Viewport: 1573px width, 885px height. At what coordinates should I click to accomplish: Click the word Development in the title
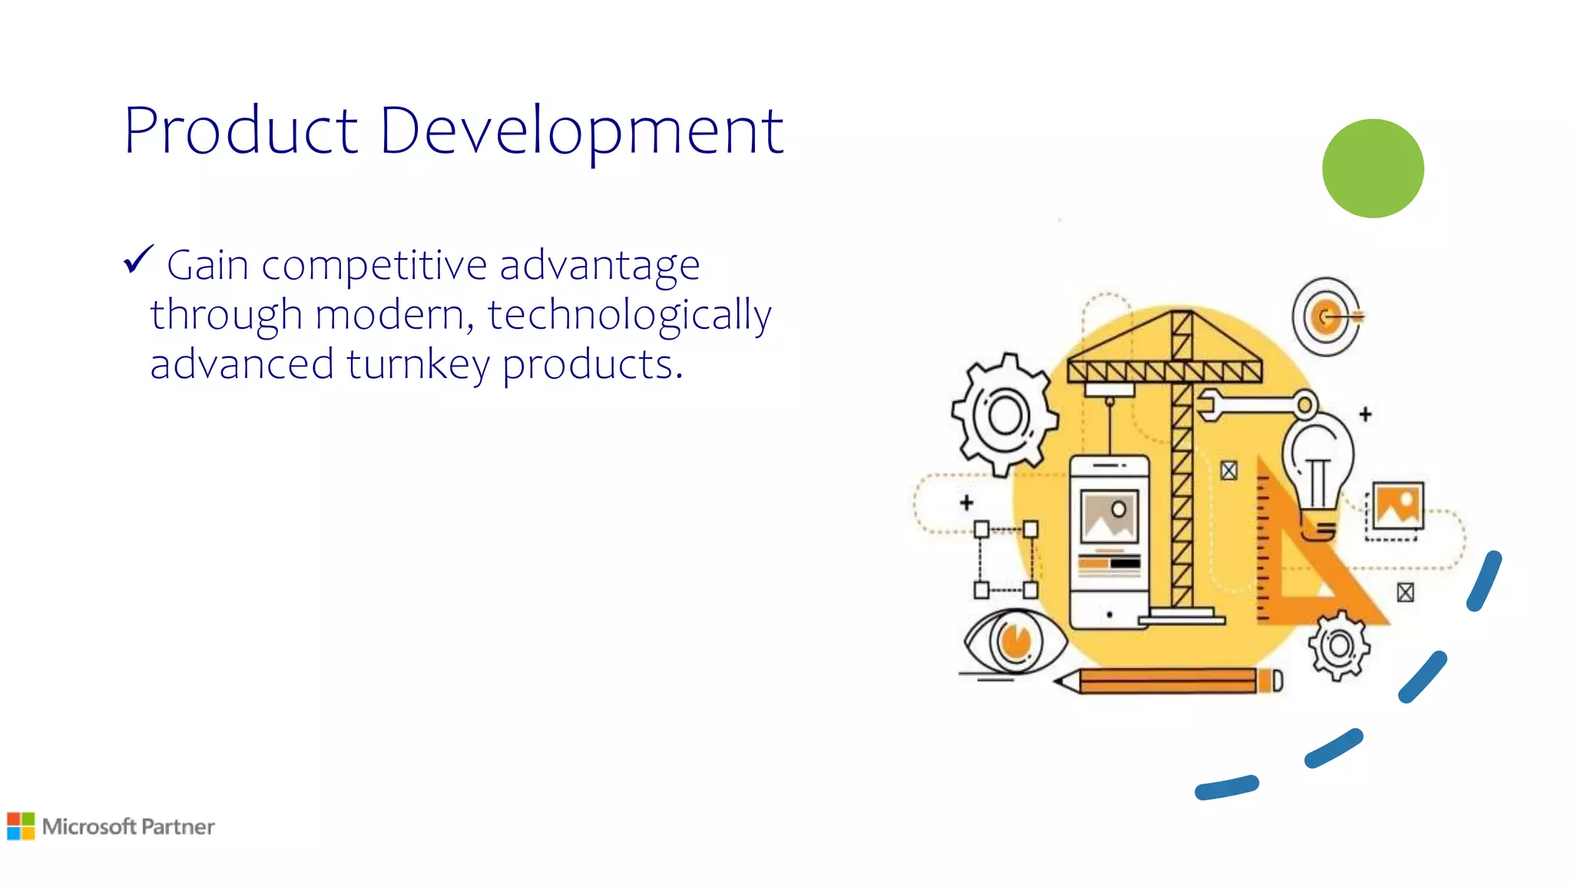[581, 131]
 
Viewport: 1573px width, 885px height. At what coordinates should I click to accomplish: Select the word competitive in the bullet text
[374, 266]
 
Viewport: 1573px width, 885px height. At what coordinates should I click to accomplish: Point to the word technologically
[629, 315]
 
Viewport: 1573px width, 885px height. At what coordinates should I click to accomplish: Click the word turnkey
[417, 364]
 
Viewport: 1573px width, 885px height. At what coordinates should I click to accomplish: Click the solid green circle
[1373, 168]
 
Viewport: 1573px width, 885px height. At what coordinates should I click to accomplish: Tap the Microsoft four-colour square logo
[21, 826]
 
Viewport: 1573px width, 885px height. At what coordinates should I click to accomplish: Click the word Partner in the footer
[178, 827]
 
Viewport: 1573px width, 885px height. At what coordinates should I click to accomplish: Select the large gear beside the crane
[1004, 415]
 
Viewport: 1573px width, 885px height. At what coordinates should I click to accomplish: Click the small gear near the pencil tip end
[1339, 645]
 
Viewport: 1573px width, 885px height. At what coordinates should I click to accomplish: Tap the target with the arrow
[1326, 317]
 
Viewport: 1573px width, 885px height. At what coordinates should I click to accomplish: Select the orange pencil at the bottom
[1167, 681]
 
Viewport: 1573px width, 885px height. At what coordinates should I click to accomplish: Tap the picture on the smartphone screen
[1108, 515]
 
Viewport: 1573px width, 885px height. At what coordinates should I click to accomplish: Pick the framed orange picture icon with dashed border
[1397, 505]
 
